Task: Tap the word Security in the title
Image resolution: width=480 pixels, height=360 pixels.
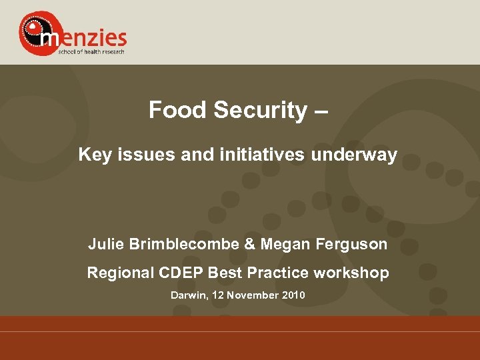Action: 259,110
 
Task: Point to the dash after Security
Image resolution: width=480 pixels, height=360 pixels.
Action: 320,111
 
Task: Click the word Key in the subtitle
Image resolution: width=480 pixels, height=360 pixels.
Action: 93,156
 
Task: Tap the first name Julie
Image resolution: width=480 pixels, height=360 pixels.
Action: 107,245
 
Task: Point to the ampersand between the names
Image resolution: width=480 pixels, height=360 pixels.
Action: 250,245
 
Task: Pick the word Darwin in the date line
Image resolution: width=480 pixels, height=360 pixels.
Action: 189,295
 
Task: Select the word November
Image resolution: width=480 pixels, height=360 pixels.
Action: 251,295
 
